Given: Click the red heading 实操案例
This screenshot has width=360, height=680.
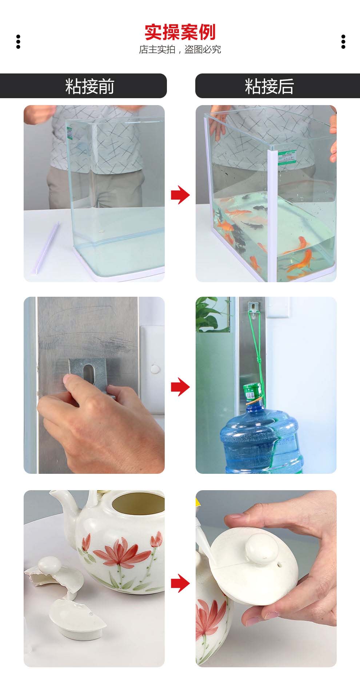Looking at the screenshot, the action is click(180, 32).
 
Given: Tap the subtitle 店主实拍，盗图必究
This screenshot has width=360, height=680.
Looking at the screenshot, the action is click(180, 49).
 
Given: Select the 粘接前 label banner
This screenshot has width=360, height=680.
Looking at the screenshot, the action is click(83, 86).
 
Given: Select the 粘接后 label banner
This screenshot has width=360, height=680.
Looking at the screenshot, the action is click(277, 86).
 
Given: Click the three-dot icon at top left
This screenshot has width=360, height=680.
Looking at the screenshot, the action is click(18, 42).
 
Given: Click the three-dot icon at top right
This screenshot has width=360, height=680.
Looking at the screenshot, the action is click(343, 42).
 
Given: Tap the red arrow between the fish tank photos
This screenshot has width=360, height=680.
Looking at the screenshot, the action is click(180, 195).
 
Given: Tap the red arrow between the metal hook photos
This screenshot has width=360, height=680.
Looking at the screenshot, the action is click(180, 386).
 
